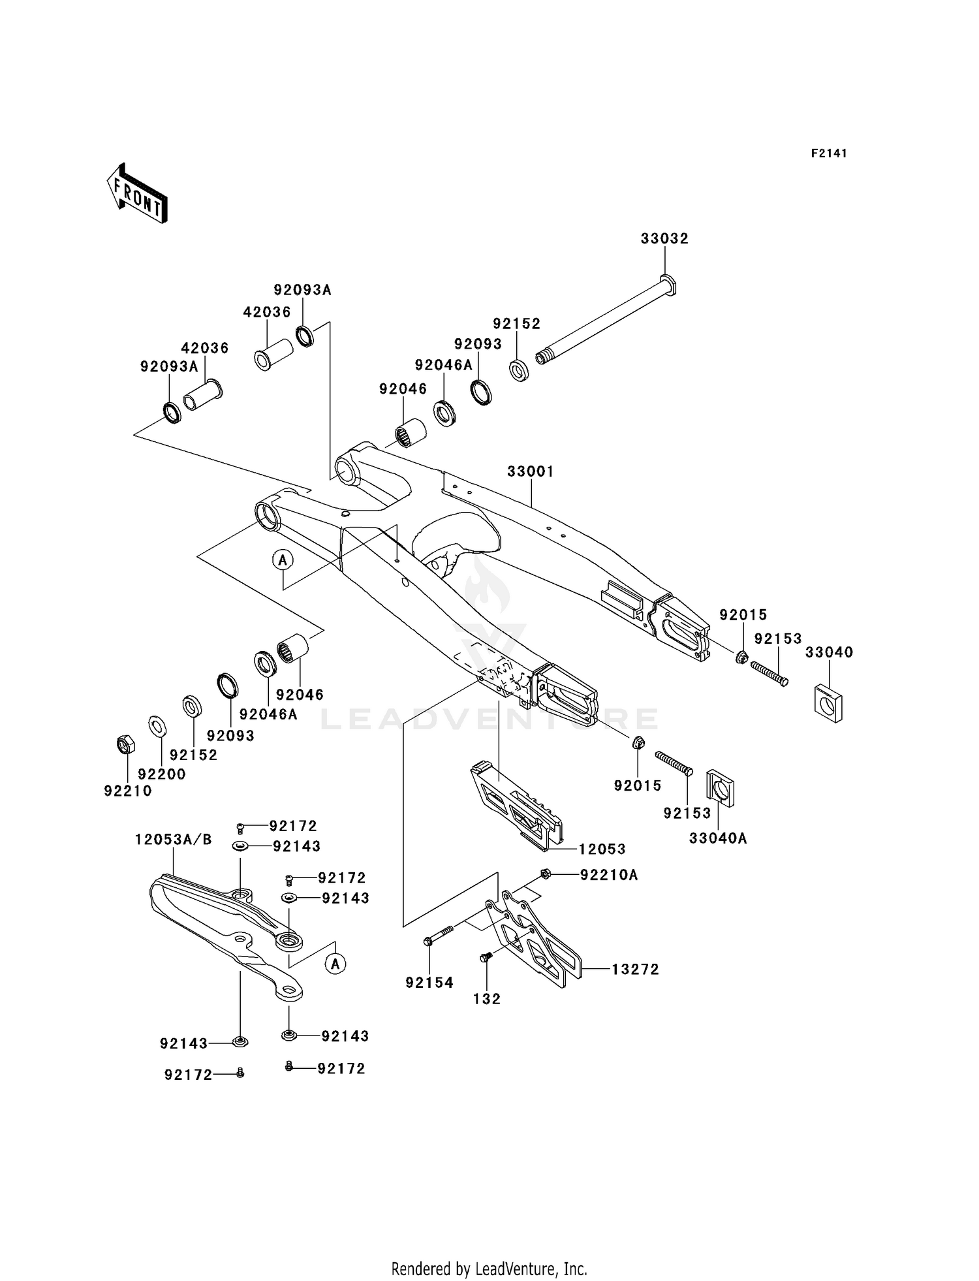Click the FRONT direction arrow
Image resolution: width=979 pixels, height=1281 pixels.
point(138,195)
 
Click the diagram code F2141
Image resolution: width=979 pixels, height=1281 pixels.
point(829,153)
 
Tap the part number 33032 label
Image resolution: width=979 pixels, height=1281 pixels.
point(664,239)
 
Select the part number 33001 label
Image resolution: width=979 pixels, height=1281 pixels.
point(531,471)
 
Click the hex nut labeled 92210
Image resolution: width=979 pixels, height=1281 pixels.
point(125,744)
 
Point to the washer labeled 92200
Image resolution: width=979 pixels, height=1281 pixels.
point(157,725)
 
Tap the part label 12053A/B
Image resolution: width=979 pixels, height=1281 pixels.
point(174,840)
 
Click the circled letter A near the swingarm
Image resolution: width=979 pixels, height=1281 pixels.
point(283,560)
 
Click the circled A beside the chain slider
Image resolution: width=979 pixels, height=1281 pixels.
point(335,964)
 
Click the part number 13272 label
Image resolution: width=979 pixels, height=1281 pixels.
point(635,970)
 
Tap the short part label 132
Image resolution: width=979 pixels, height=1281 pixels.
point(487,998)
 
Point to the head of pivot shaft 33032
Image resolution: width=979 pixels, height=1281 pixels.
point(667,285)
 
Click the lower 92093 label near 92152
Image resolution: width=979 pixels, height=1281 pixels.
point(230,735)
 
